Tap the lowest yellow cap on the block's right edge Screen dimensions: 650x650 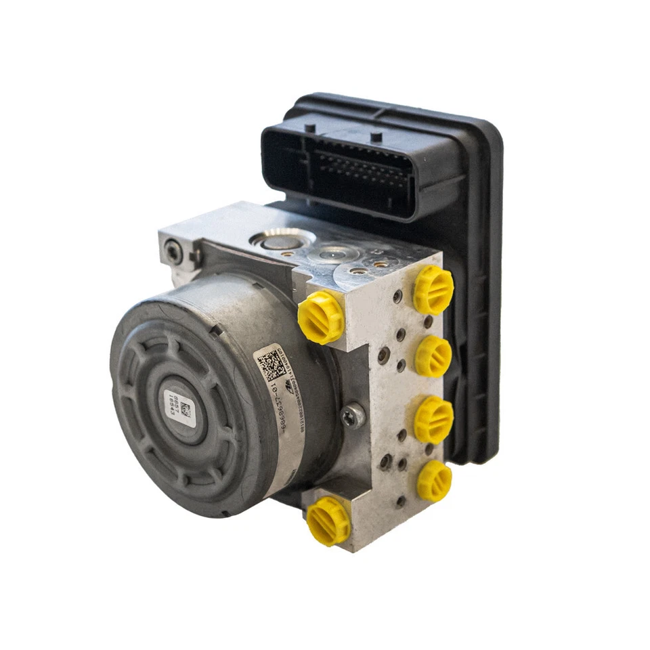pyautogui.click(x=434, y=481)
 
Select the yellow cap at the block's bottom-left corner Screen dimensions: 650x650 pyautogui.click(x=328, y=521)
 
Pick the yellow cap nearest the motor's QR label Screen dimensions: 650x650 pyautogui.click(x=321, y=317)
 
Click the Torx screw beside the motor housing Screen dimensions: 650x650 pyautogui.click(x=353, y=415)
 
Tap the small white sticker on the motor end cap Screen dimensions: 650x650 pyautogui.click(x=178, y=404)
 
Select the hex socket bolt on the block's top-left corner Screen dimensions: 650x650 pyautogui.click(x=174, y=251)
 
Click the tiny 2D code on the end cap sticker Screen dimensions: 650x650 pyautogui.click(x=185, y=410)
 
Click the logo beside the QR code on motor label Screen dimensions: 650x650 pyautogui.click(x=288, y=387)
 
